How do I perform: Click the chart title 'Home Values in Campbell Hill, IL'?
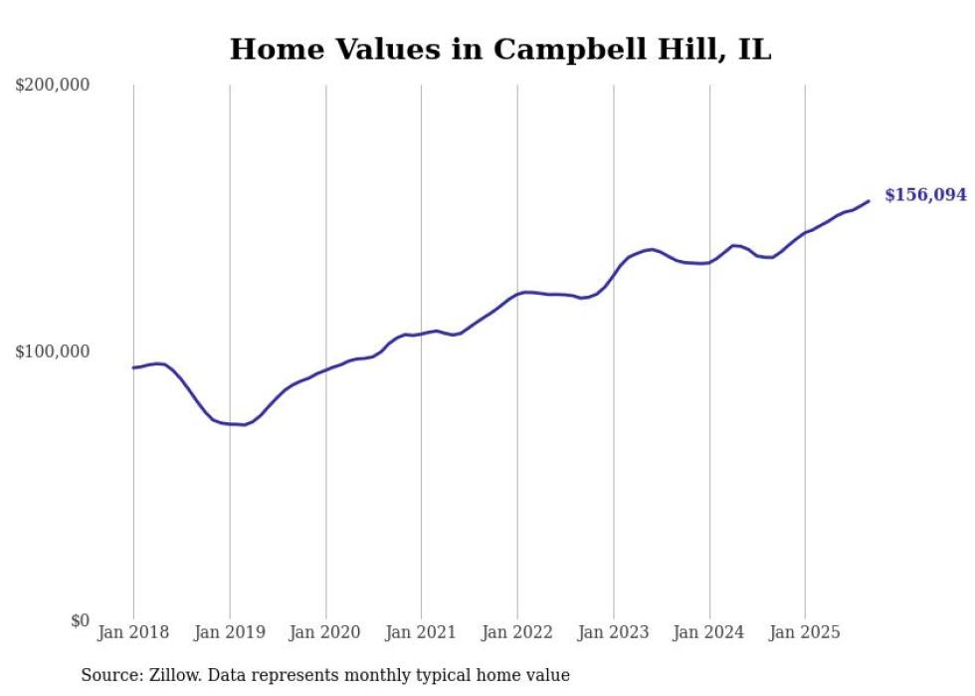pos(500,49)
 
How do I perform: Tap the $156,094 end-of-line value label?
pos(925,195)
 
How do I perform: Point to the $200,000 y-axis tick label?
pos(53,86)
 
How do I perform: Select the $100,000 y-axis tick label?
pos(53,351)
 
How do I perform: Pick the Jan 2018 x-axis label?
pos(133,632)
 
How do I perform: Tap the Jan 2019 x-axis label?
pos(230,632)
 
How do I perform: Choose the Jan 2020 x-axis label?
pos(325,632)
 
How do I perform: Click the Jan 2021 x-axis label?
pos(421,632)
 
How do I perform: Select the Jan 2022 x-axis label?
pos(517,632)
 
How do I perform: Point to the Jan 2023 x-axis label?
pos(614,632)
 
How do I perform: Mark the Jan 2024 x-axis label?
pos(709,632)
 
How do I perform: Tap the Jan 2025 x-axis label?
pos(805,632)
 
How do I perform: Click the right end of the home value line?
pos(869,201)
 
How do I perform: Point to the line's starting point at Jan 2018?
pos(133,367)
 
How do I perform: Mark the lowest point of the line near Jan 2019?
pos(244,425)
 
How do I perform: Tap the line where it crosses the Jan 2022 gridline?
pos(517,294)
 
